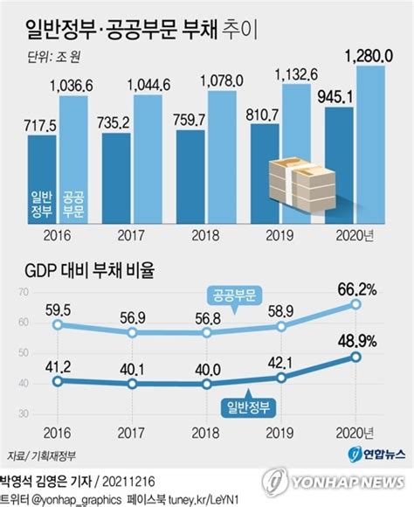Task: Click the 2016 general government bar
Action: click(42, 179)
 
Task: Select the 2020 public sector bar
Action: click(370, 144)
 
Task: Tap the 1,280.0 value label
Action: click(369, 56)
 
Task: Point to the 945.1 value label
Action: click(335, 97)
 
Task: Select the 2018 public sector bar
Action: click(222, 157)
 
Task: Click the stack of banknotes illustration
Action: click(302, 184)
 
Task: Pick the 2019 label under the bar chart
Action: click(279, 236)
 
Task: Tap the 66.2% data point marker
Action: click(355, 304)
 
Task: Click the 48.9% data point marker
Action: click(355, 357)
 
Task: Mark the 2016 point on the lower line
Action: click(58, 381)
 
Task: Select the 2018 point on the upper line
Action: click(207, 333)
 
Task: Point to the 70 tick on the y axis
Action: click(24, 292)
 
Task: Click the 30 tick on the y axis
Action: click(24, 413)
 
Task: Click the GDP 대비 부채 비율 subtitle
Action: click(89, 271)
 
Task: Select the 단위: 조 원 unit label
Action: click(53, 57)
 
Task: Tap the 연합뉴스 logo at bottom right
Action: click(376, 455)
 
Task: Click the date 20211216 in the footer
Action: click(128, 482)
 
